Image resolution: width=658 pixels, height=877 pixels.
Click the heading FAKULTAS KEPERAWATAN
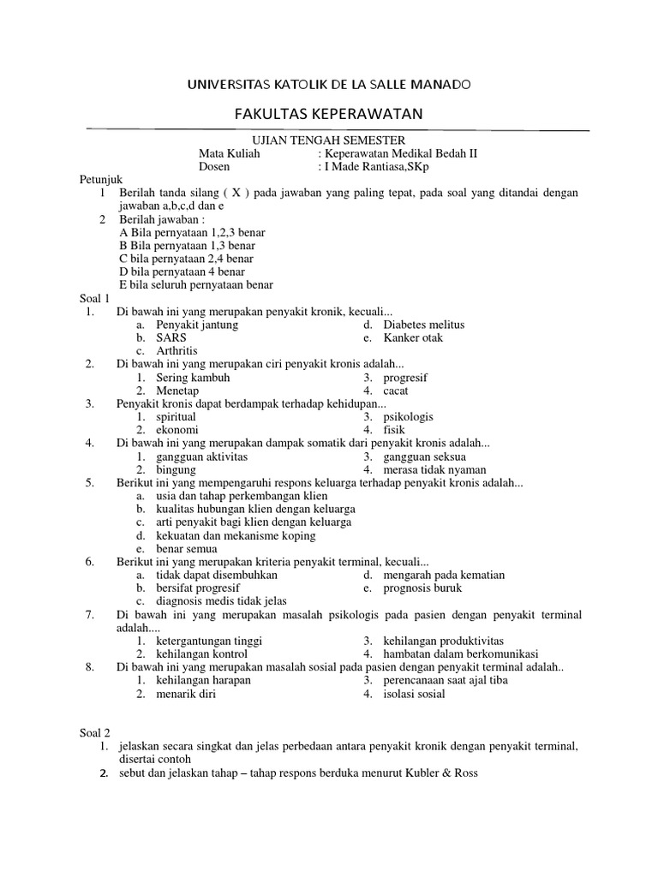coord(329,115)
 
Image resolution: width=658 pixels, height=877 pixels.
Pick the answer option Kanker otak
coord(413,338)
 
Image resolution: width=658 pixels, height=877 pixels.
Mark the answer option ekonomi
coord(177,430)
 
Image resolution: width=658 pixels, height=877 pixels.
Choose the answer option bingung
coord(176,469)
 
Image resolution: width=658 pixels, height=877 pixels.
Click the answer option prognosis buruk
coord(422,588)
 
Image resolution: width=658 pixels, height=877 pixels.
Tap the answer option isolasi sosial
coord(414,694)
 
